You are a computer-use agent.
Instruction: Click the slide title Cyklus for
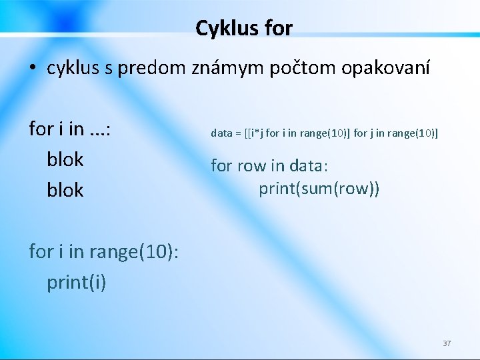[243, 28]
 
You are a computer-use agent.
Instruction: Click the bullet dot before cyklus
[33, 69]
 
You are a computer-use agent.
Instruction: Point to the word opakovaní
[389, 69]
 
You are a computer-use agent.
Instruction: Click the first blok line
[65, 160]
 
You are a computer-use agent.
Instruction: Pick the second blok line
[65, 191]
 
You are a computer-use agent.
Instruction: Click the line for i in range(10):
[103, 252]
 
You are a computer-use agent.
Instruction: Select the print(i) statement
[76, 283]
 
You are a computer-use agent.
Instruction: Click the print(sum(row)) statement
[319, 189]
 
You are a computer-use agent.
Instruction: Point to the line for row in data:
[273, 165]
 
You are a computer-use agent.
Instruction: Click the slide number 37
[447, 343]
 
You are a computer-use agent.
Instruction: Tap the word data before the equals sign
[221, 133]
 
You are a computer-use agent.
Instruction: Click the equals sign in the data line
[237, 133]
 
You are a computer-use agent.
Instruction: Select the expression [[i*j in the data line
[253, 133]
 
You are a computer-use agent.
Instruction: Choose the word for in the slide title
[277, 28]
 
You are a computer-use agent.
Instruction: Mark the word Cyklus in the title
[225, 28]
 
